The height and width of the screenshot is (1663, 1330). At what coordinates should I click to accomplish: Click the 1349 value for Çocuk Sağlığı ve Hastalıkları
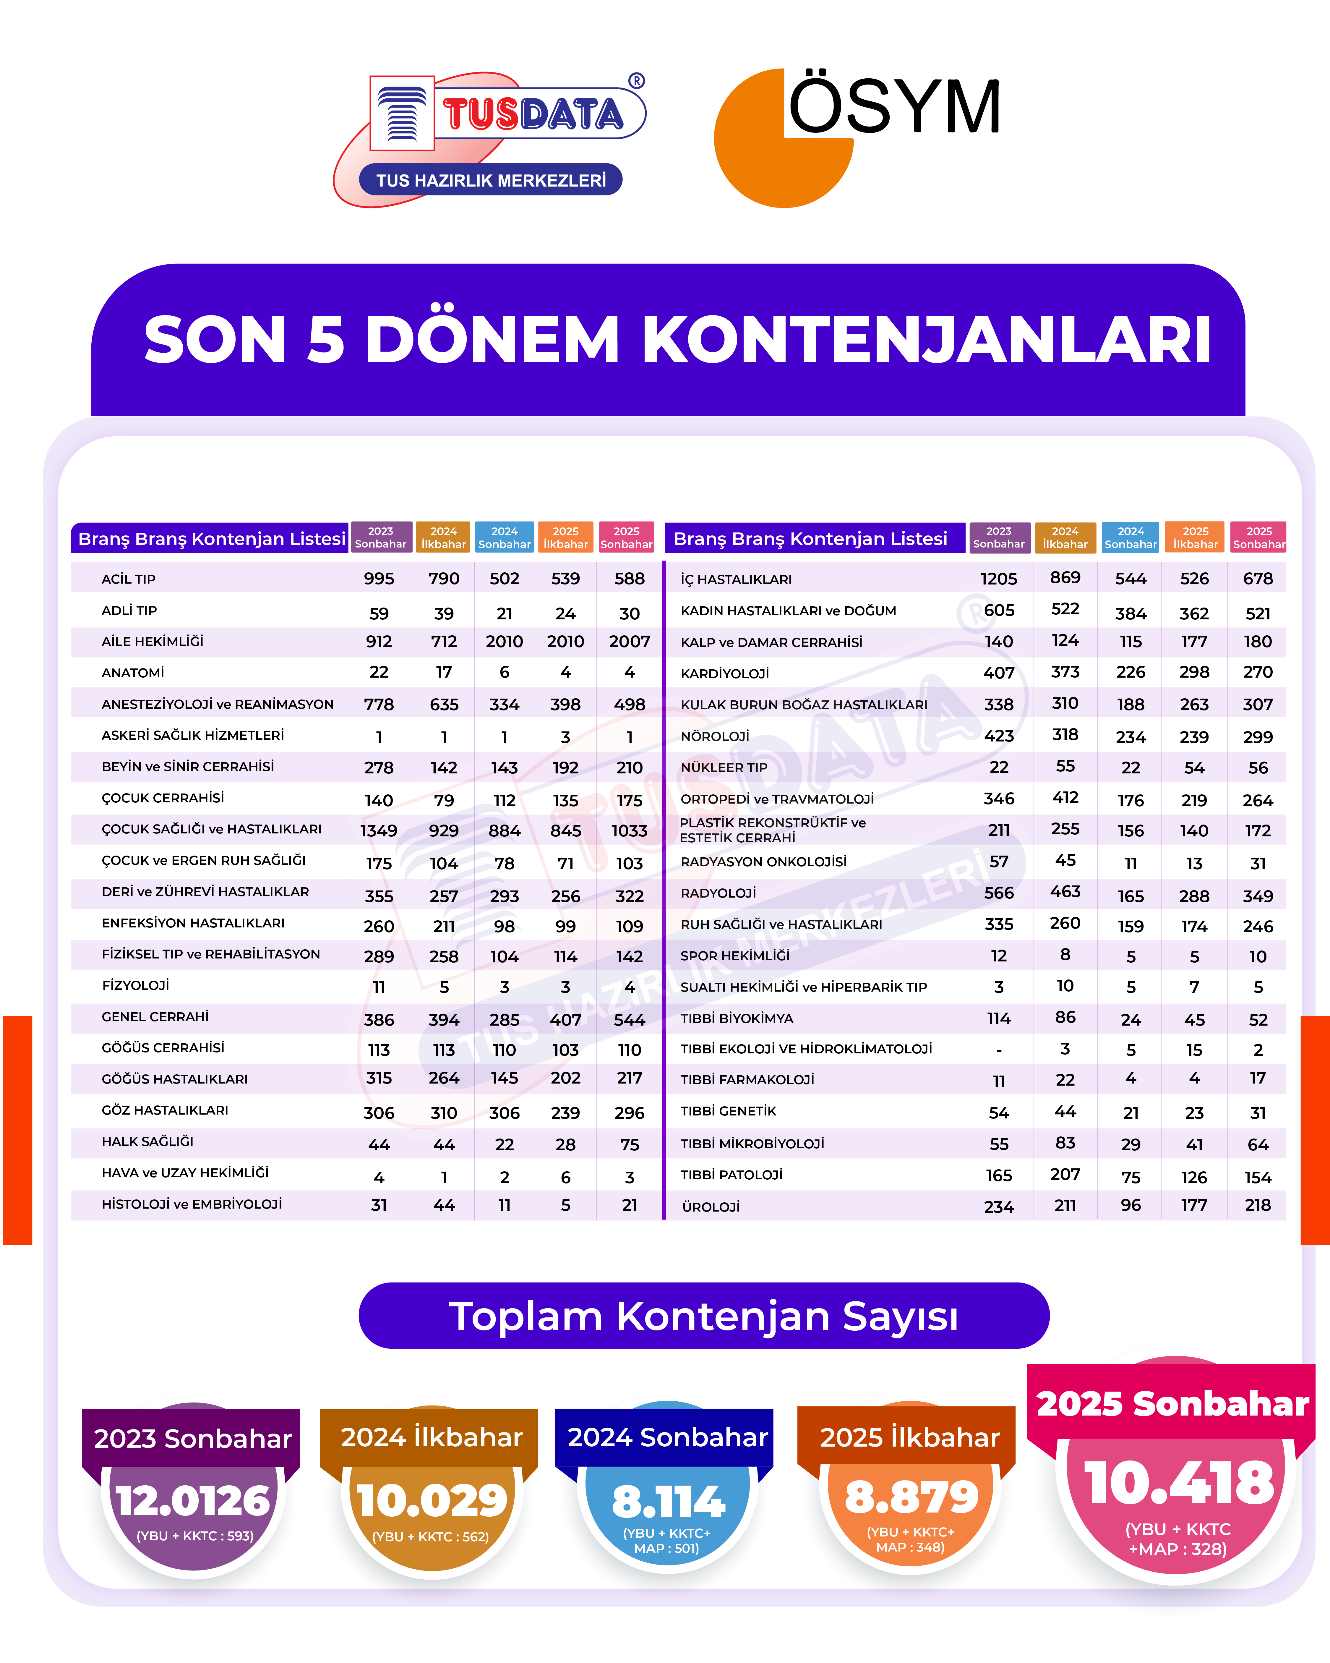point(379,831)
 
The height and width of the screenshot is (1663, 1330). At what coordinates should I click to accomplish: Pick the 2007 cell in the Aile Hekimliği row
point(629,642)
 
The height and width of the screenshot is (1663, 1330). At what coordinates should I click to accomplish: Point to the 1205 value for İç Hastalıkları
point(998,579)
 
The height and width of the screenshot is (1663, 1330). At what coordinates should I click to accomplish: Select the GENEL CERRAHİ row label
point(155,1017)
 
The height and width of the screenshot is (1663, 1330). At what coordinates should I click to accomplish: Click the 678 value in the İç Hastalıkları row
point(1258,579)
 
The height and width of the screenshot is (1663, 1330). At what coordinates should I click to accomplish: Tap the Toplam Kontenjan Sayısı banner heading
point(703,1316)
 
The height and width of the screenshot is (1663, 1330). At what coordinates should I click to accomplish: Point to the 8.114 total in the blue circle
point(668,1502)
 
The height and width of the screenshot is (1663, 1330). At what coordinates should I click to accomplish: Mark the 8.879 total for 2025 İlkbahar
point(911,1498)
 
